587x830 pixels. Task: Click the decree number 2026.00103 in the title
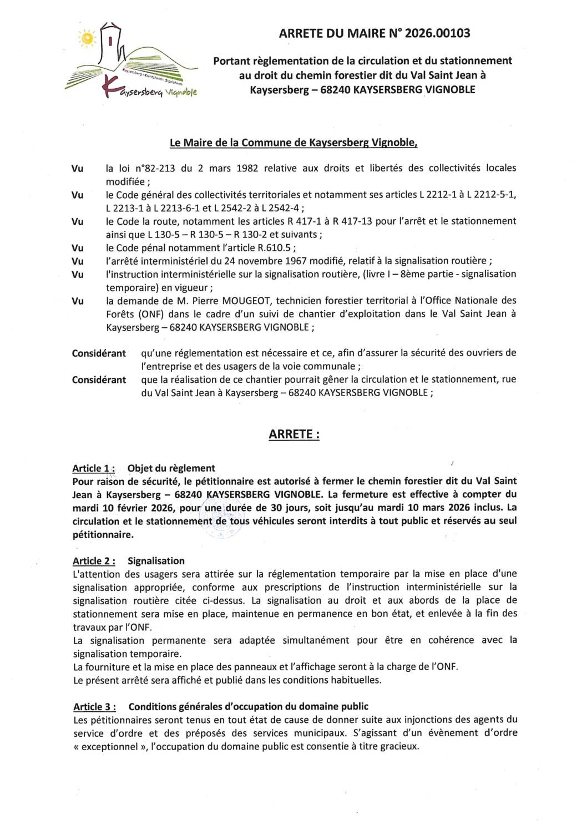pos(437,33)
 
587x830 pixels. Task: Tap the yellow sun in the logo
pos(87,38)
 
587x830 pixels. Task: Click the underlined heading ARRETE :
pos(294,434)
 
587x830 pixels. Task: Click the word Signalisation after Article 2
pos(156,561)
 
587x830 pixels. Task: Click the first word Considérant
pos(99,353)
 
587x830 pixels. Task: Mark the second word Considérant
pos(99,380)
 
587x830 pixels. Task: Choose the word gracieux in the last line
pos(398,747)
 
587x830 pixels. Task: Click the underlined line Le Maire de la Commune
pos(293,143)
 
